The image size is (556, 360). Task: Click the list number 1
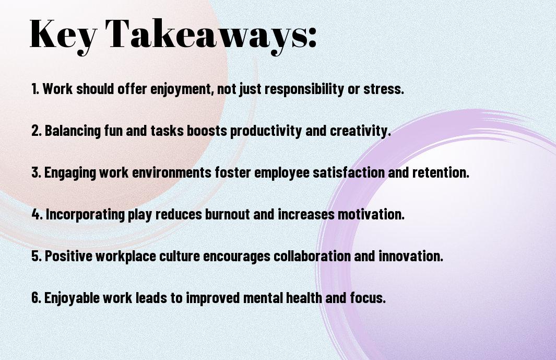[x=35, y=88]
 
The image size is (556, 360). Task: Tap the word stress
[x=384, y=89]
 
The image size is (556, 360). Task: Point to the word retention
[x=441, y=172]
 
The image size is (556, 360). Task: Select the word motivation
[x=371, y=214]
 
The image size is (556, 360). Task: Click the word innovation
[x=411, y=256]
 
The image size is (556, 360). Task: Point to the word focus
[x=368, y=297]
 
